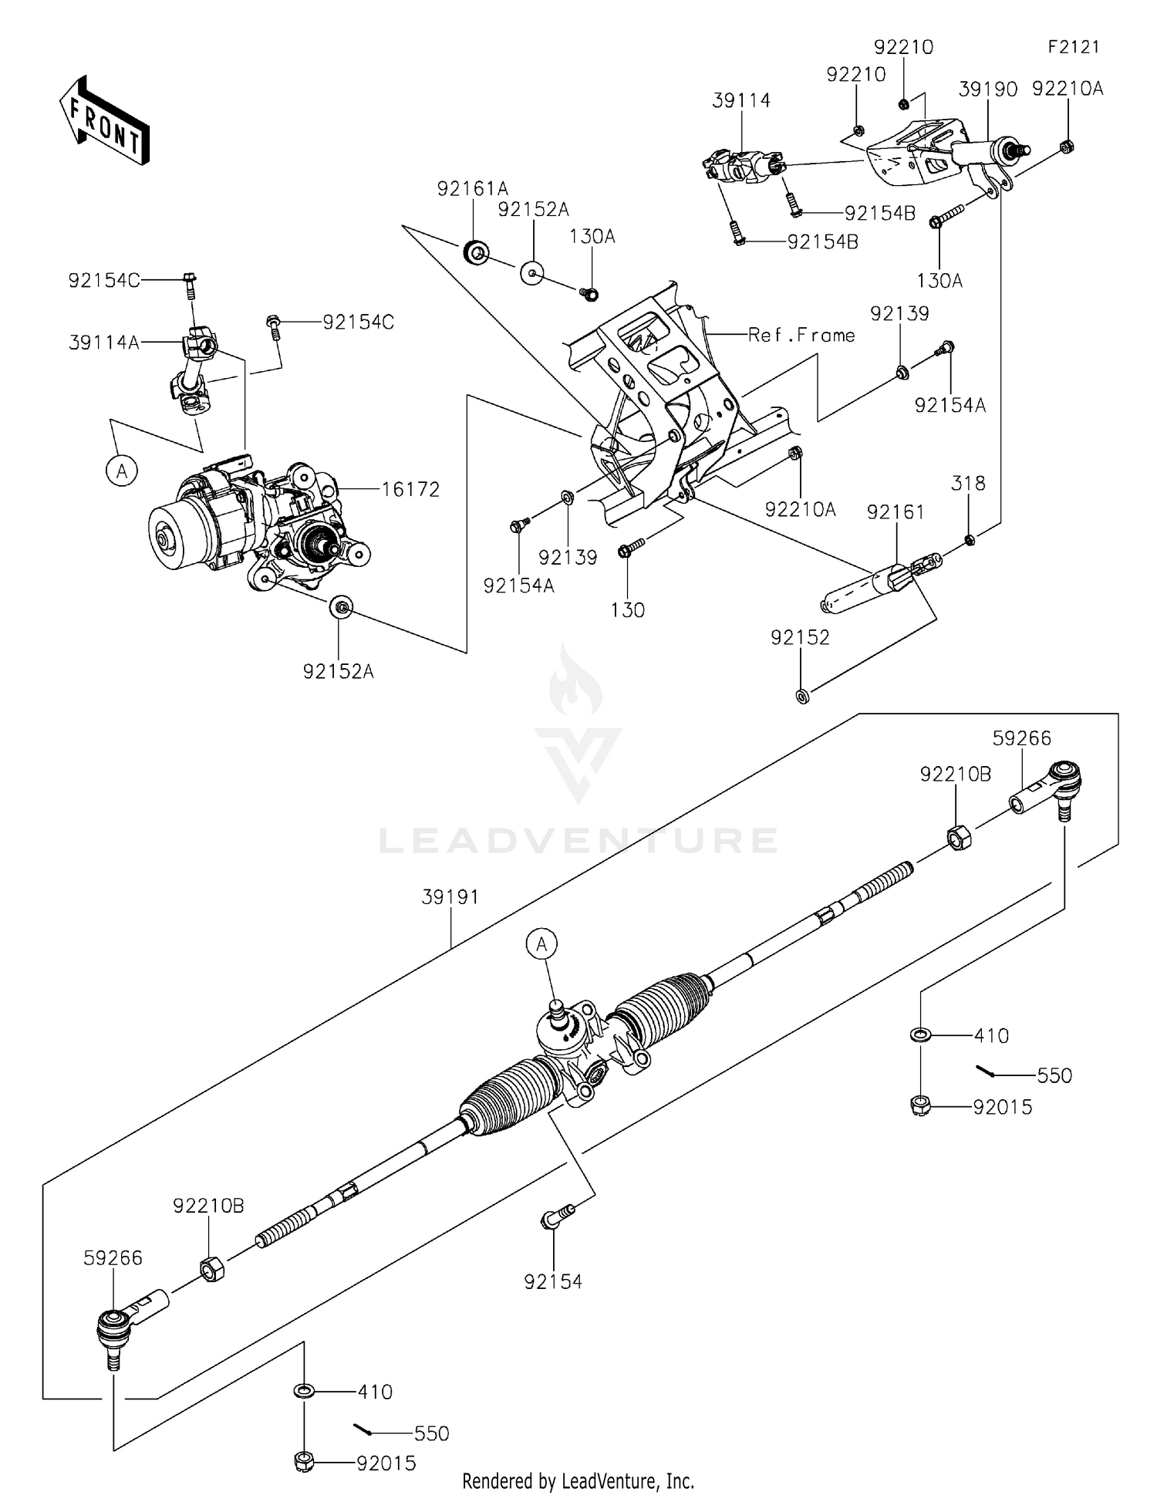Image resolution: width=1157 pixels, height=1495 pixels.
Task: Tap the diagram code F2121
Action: (x=1073, y=47)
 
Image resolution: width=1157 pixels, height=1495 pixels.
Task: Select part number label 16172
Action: (x=410, y=489)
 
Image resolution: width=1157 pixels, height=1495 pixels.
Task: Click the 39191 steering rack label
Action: (x=450, y=897)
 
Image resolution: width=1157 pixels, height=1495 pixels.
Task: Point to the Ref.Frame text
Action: (x=801, y=335)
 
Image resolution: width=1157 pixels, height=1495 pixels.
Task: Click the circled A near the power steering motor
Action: (x=122, y=470)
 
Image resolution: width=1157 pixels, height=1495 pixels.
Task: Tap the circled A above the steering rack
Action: (x=541, y=943)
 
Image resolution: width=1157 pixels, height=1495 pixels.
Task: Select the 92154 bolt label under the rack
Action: (x=553, y=1281)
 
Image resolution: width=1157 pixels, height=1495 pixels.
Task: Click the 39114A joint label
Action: (x=104, y=343)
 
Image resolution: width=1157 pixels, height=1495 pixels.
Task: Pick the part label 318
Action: (x=968, y=483)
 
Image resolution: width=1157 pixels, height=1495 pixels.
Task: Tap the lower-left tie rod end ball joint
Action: (x=113, y=1327)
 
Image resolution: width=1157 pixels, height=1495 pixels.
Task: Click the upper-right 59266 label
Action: (x=1021, y=738)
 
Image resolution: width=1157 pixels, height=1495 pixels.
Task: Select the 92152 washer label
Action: (x=800, y=637)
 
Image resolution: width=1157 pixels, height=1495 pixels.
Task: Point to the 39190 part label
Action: (x=987, y=89)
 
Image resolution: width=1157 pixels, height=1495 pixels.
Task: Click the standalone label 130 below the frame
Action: (x=627, y=610)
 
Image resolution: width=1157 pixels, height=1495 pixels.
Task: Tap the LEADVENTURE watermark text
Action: (x=578, y=840)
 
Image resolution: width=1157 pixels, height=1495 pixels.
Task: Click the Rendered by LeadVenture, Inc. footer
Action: (x=578, y=1481)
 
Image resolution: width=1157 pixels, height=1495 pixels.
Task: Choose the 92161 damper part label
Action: (x=895, y=512)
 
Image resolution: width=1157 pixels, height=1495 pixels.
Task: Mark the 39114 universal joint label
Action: (x=740, y=100)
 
